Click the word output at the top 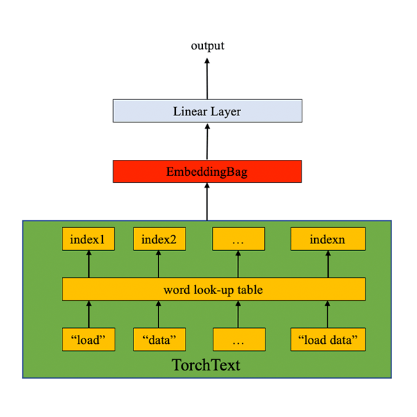(208, 46)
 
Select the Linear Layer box (207, 111)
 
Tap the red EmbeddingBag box (207, 171)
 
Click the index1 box (88, 240)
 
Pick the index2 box (159, 240)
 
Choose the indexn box (327, 240)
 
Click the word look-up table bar (213, 289)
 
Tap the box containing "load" (88, 339)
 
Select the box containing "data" (159, 339)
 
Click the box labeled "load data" (327, 339)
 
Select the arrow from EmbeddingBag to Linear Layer (207, 142)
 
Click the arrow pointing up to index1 (89, 264)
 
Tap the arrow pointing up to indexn (327, 264)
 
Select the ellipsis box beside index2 (238, 240)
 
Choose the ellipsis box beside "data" (238, 339)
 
